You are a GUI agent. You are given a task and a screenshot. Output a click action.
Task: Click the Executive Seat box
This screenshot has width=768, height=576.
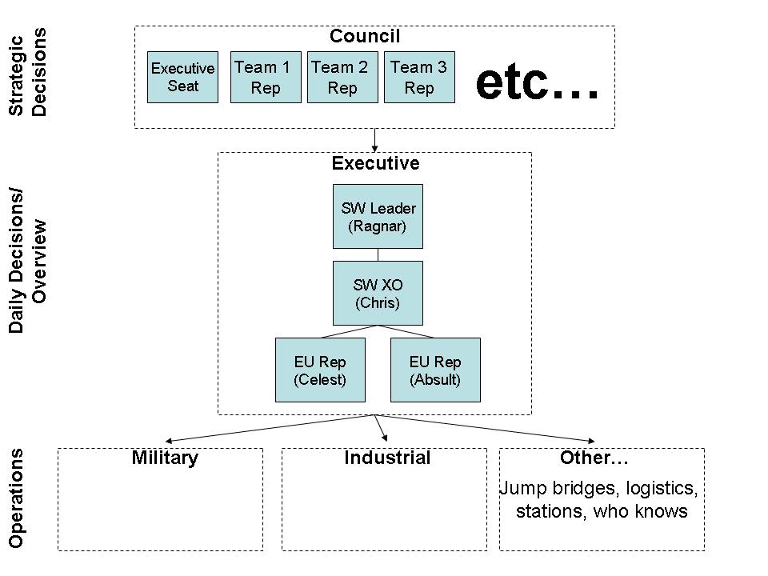[182, 77]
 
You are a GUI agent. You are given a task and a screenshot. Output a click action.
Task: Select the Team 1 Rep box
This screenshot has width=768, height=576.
[266, 77]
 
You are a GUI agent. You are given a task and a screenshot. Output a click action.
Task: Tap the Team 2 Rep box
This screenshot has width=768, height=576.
[342, 77]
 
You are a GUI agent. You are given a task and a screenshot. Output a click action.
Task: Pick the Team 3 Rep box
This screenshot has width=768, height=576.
[419, 77]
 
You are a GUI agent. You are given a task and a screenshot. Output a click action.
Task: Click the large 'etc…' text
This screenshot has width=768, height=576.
[537, 82]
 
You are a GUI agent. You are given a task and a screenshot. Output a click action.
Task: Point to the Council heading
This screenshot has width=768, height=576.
[365, 36]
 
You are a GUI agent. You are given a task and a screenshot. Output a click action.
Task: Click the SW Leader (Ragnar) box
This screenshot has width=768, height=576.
[378, 217]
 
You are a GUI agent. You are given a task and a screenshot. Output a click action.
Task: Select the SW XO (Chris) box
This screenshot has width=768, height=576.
[378, 293]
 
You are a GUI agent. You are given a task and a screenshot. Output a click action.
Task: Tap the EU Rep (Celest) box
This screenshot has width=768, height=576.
[320, 370]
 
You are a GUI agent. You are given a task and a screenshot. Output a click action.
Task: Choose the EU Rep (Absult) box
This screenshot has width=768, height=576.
[435, 370]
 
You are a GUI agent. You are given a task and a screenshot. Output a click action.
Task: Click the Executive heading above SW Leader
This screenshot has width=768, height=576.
[375, 164]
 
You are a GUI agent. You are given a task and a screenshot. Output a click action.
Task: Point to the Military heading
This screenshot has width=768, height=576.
[165, 458]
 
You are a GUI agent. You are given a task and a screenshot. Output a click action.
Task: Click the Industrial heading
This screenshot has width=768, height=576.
[387, 458]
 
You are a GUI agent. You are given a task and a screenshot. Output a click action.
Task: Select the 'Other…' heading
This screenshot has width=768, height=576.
[594, 458]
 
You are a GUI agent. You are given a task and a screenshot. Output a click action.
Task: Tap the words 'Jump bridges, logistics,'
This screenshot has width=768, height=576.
[598, 488]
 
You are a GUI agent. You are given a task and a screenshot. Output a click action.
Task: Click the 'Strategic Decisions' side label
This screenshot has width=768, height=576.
[28, 72]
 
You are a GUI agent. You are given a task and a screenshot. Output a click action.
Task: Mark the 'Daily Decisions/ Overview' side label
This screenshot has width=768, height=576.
[28, 261]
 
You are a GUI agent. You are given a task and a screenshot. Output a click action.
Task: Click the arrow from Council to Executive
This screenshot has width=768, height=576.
[374, 140]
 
